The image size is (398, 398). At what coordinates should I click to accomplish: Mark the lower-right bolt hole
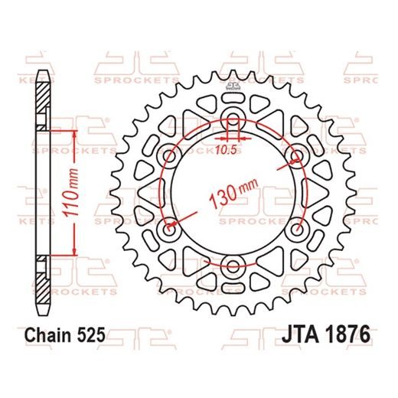298,230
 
